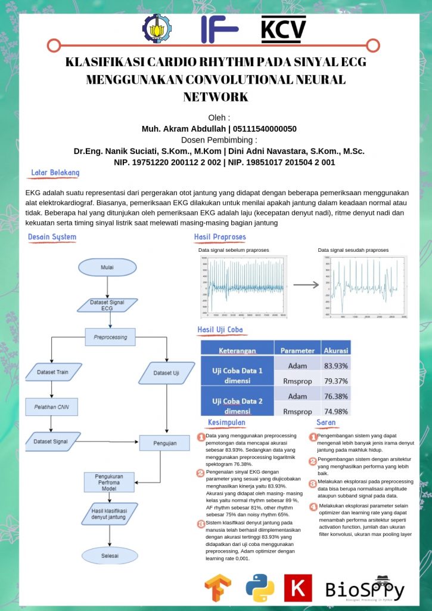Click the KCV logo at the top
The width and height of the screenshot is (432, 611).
pos(284,29)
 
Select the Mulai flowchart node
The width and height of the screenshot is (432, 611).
pos(107,267)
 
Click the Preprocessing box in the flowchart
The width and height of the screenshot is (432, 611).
pos(110,337)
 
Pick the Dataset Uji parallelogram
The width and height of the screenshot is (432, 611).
pos(167,373)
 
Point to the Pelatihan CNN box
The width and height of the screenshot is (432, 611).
pos(52,408)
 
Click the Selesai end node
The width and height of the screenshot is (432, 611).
pos(109,556)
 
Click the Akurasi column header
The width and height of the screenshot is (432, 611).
pos(335,350)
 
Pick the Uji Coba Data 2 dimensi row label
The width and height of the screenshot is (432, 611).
pos(237,403)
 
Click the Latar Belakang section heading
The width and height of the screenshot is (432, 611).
pos(55,173)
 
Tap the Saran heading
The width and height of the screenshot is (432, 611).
pos(326,422)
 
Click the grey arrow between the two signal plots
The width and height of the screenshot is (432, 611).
pos(306,285)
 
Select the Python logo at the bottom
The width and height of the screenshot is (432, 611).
pos(260,587)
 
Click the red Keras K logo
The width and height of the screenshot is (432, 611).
pos(298,588)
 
